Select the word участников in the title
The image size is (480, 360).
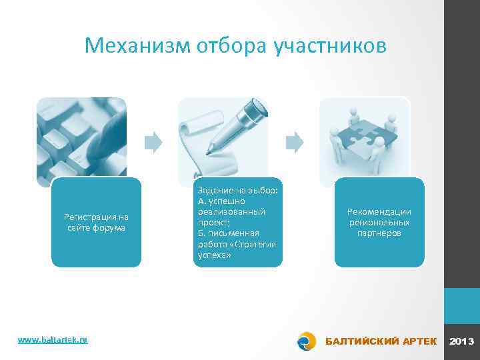point(329,45)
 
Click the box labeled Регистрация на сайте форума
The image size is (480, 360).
point(97,222)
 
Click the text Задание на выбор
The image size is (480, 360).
point(238,189)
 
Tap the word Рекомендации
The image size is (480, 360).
point(379,212)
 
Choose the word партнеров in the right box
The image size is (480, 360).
point(379,233)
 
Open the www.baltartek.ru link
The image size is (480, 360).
point(53,340)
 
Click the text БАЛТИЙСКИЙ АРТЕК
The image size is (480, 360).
point(381,341)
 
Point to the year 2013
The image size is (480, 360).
point(461,341)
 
